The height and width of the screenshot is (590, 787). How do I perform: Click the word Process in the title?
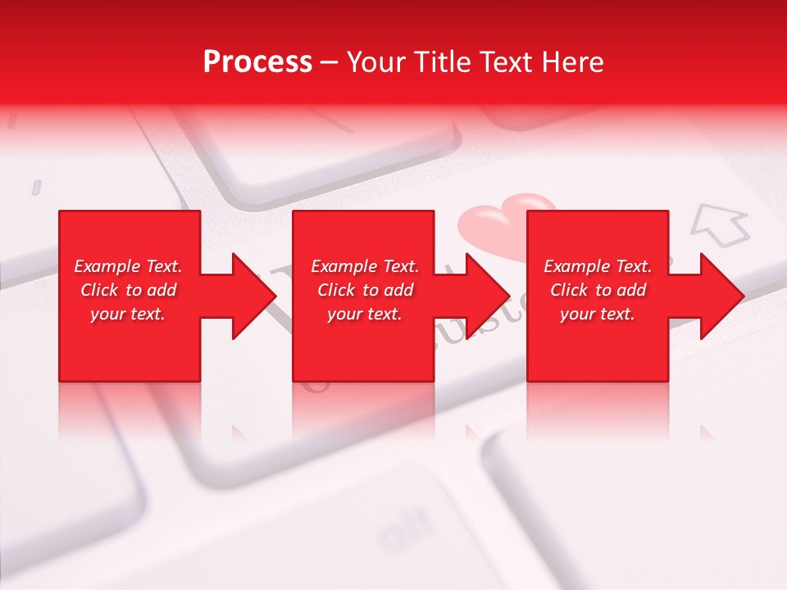click(257, 62)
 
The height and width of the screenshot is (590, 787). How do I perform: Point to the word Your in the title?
click(376, 62)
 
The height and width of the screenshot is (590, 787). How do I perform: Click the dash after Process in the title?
click(330, 63)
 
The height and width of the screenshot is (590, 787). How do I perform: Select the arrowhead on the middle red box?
click(488, 296)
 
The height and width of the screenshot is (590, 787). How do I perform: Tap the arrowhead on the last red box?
click(721, 296)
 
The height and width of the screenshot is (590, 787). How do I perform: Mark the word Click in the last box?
click(570, 290)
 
